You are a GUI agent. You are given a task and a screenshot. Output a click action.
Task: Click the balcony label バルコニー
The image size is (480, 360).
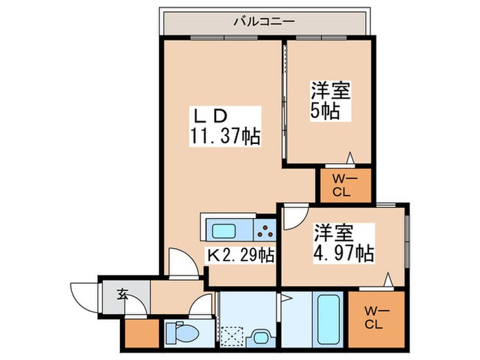click(264, 21)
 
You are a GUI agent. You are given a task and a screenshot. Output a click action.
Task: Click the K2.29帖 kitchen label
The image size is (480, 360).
click(241, 256)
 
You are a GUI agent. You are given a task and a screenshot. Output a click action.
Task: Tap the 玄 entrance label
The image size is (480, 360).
click(122, 295)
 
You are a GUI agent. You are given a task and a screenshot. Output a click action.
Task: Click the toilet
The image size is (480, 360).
click(182, 334)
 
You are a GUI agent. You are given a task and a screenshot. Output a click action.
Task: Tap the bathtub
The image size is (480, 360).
click(328, 318)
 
